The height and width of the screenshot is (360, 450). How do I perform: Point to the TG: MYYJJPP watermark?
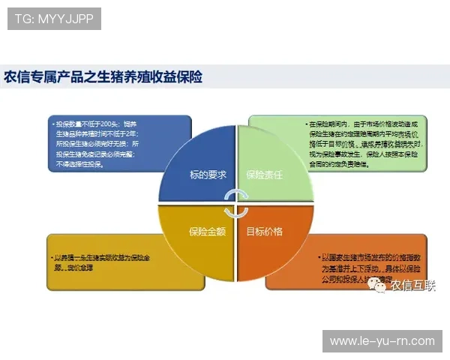54,18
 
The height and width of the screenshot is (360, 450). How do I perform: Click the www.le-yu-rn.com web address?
382,341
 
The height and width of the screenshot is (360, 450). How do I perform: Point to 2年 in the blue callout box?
135,133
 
